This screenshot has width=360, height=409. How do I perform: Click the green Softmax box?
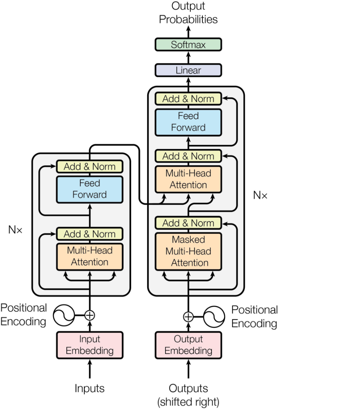coord(188,44)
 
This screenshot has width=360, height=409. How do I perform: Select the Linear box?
coord(188,70)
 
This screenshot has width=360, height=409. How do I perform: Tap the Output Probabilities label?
coord(188,13)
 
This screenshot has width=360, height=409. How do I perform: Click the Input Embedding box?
coord(90,345)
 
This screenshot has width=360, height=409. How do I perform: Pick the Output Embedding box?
coord(188,345)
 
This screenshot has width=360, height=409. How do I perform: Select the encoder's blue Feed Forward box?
coord(90,189)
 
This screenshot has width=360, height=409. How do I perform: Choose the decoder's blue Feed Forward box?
coord(188,122)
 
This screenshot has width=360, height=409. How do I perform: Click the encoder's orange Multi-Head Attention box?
coord(90,256)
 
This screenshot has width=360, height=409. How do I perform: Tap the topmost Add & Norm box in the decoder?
coord(188,99)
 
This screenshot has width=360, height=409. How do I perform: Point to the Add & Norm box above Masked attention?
coord(188,223)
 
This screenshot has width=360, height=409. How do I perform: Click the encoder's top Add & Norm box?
coord(90,166)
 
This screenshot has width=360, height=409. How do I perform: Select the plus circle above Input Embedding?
coord(90,315)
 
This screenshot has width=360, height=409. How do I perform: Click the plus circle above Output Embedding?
coord(188,317)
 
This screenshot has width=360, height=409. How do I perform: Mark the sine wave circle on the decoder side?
coord(214,317)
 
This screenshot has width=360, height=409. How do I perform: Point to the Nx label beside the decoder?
coord(260,196)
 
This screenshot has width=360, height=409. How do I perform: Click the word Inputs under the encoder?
coord(90,388)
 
